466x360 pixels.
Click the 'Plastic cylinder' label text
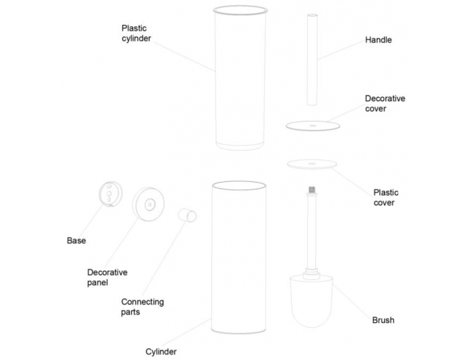tap(136, 33)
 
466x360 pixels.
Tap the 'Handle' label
tap(378, 40)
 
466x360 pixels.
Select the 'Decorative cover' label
tap(385, 104)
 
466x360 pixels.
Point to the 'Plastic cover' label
tap(386, 197)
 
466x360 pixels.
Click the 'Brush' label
tap(383, 320)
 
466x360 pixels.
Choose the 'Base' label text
tap(76, 240)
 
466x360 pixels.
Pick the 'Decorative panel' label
tap(107, 277)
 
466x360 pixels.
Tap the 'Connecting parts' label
tap(142, 306)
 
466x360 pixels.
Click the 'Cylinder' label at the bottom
tap(161, 352)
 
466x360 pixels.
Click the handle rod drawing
tap(311, 59)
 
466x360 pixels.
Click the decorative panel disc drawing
tap(147, 205)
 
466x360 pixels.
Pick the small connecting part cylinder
tap(187, 215)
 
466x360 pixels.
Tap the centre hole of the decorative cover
tap(313, 125)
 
